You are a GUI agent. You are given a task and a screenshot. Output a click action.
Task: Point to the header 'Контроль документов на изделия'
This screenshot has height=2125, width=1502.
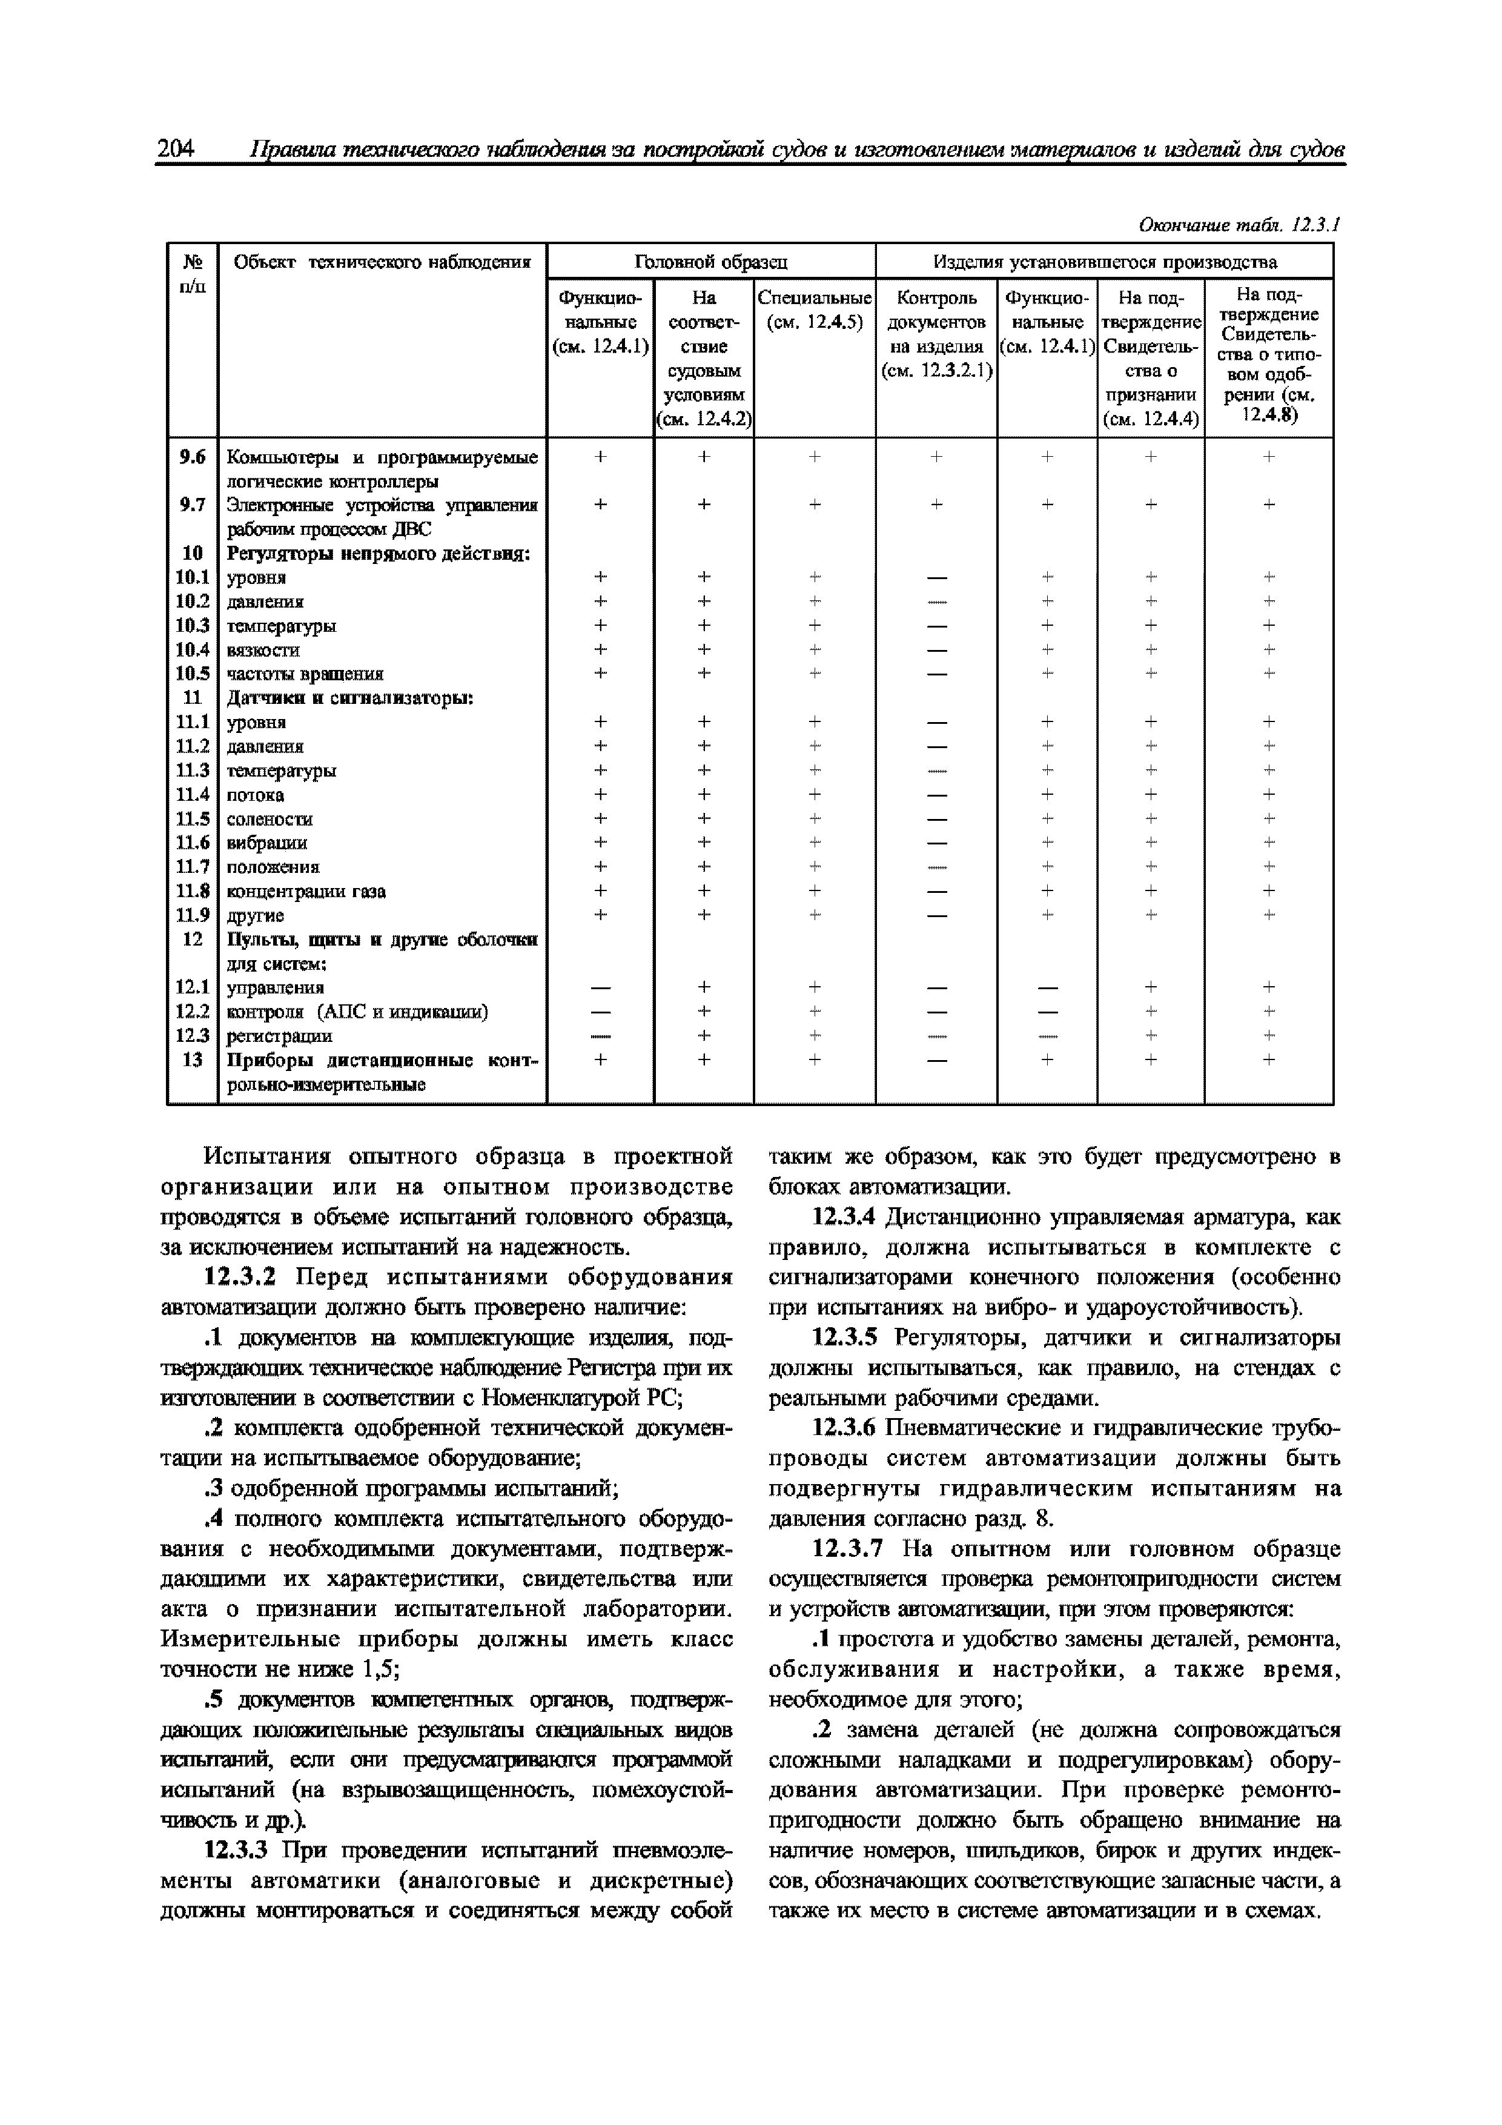coord(936,334)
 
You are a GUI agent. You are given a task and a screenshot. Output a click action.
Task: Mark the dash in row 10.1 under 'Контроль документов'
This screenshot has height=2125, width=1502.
coord(936,577)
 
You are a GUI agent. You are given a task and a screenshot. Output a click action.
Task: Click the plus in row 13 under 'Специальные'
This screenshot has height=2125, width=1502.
coord(815,1059)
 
